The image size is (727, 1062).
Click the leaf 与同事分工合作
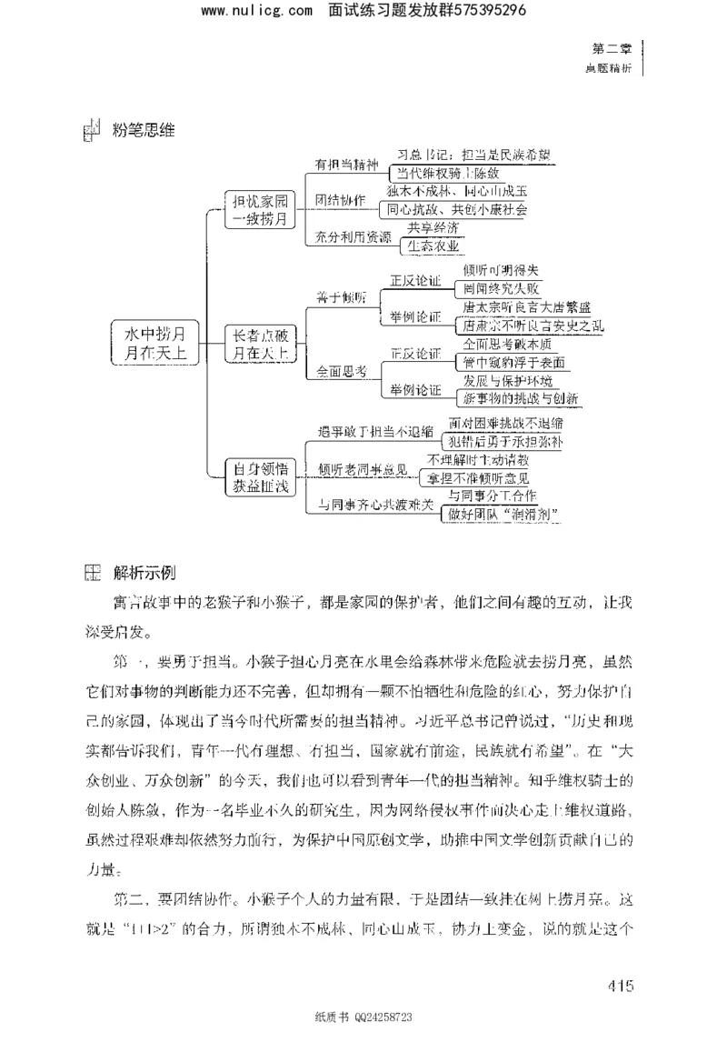492,496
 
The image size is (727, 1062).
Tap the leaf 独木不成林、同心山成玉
456,192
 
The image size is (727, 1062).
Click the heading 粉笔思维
144,129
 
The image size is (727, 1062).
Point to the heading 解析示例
144,573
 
